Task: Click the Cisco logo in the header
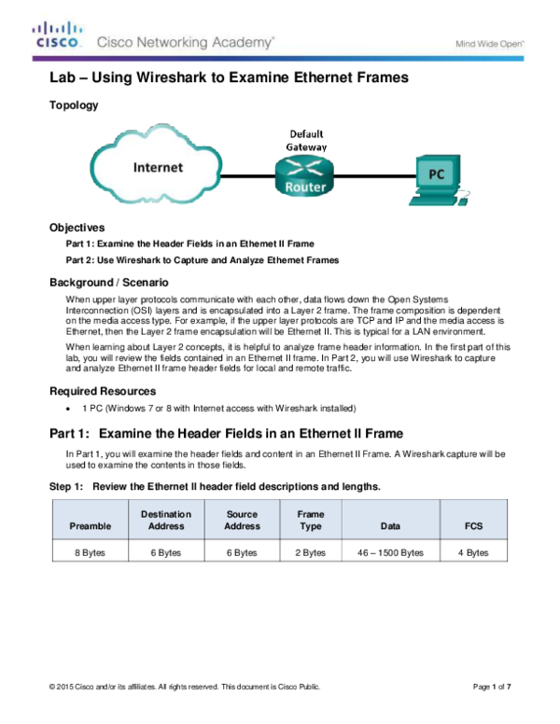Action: [58, 35]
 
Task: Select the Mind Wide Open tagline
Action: [489, 43]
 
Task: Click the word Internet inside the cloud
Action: [158, 168]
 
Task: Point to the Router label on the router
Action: [305, 188]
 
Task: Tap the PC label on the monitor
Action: [436, 174]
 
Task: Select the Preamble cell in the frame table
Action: [90, 519]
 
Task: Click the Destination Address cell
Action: [166, 519]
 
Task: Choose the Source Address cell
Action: [242, 519]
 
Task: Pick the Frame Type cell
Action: [311, 519]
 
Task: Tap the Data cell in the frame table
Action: [390, 519]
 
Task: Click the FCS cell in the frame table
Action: [474, 519]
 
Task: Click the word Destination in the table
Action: [166, 514]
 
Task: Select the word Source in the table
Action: [242, 514]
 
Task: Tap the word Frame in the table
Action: [311, 514]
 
